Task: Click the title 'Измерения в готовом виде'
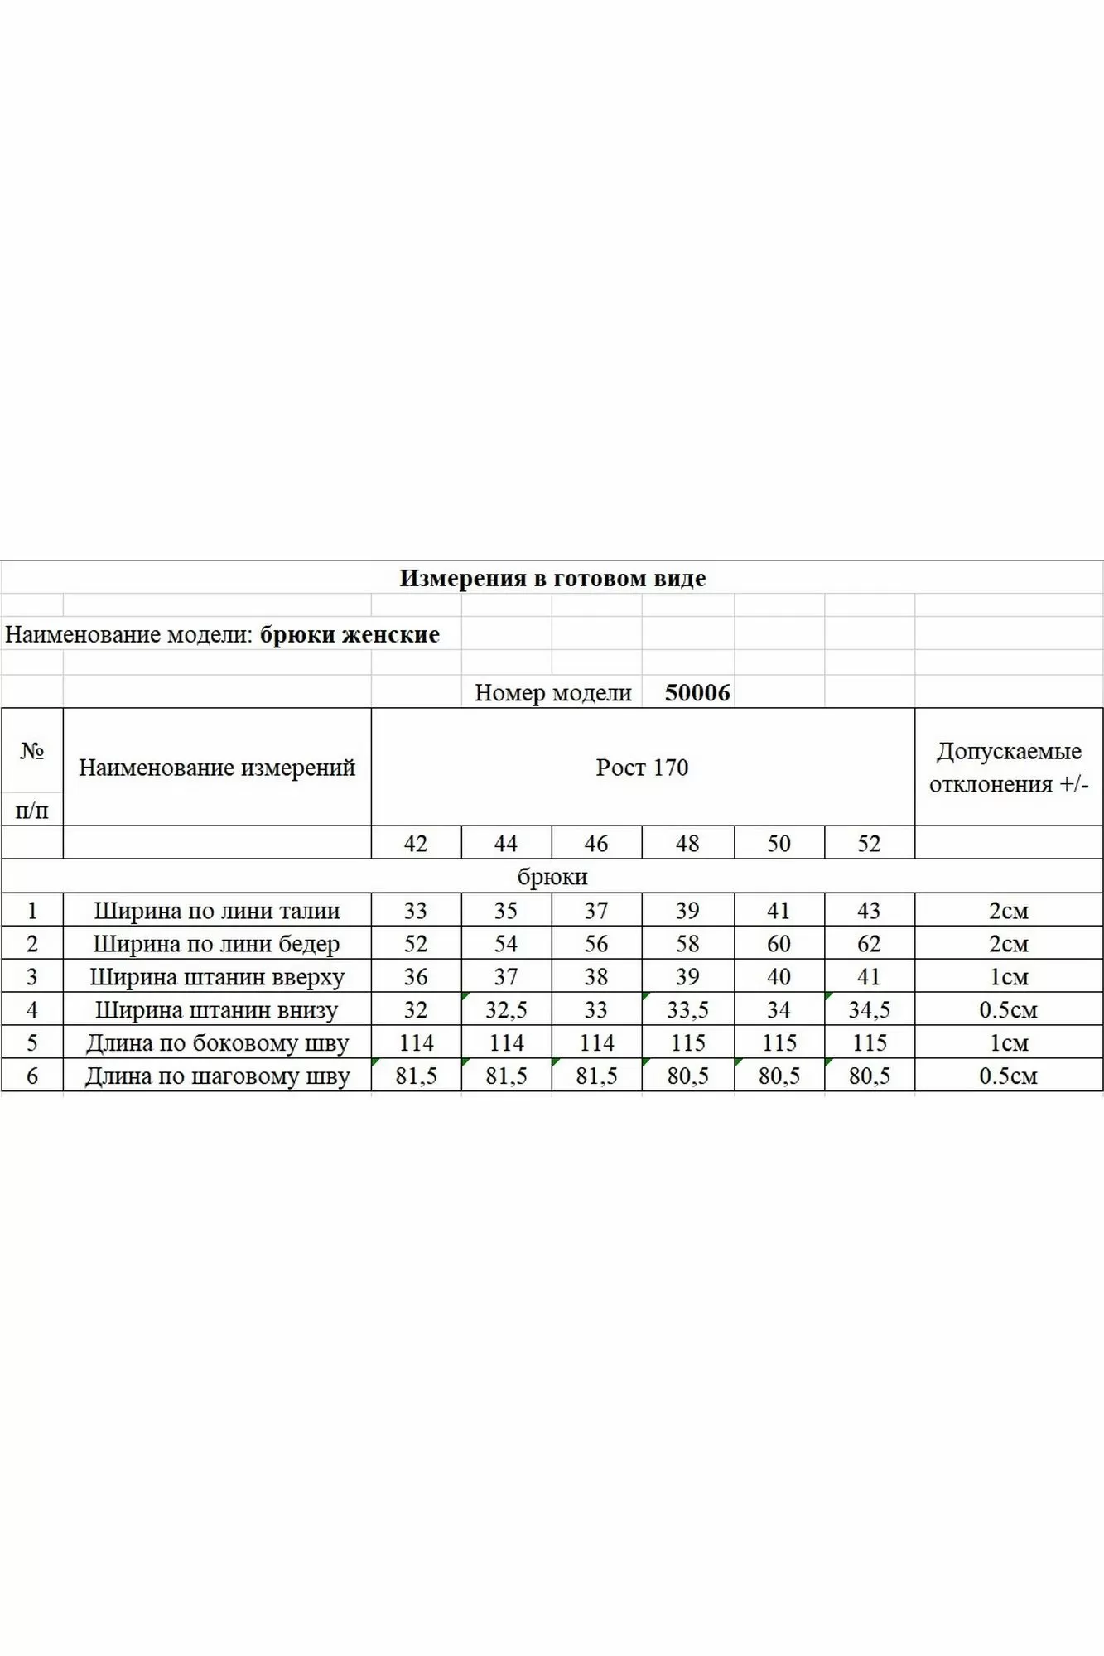[552, 578]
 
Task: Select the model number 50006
[697, 692]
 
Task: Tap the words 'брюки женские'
[350, 634]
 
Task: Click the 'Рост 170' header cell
[642, 767]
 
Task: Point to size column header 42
[416, 843]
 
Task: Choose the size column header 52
[869, 843]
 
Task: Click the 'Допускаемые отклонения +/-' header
[1009, 767]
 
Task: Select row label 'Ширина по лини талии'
[217, 910]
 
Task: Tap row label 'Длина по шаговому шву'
[217, 1076]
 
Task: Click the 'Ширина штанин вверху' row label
[217, 976]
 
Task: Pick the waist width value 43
[869, 910]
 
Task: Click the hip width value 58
[687, 943]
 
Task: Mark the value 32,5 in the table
[506, 1009]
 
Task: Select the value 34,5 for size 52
[869, 1009]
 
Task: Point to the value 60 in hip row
[779, 943]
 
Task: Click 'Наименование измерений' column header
[217, 767]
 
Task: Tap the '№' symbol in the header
[32, 750]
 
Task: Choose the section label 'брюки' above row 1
[552, 876]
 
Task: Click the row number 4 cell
[32, 1009]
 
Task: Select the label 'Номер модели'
[552, 692]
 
